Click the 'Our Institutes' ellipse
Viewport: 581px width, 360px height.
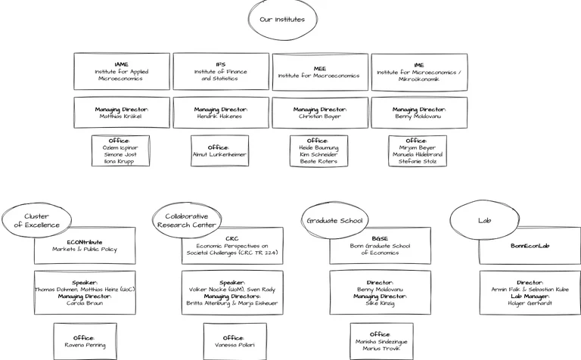click(x=282, y=20)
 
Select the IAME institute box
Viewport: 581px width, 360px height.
click(x=121, y=72)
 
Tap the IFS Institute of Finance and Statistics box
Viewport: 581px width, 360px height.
click(x=220, y=72)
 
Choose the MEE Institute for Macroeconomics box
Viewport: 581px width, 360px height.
click(x=319, y=72)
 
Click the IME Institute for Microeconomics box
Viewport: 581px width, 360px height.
click(x=418, y=72)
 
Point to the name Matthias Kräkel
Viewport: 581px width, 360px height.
click(x=121, y=117)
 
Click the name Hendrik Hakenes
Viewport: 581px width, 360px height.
click(x=220, y=117)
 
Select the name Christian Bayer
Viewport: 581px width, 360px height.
click(x=319, y=117)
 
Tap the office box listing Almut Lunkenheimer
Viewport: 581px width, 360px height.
click(x=219, y=151)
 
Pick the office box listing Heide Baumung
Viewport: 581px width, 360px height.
click(x=318, y=151)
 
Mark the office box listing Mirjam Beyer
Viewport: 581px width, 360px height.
click(x=418, y=151)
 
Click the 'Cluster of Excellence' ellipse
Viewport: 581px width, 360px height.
click(x=36, y=220)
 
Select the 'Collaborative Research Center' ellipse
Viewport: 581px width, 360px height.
click(x=186, y=220)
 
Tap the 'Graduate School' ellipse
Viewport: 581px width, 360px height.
click(x=334, y=221)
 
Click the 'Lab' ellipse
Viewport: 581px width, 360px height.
click(x=484, y=221)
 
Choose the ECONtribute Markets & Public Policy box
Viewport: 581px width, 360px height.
click(x=85, y=245)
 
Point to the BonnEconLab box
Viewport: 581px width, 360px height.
click(x=530, y=245)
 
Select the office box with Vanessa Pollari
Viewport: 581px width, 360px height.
click(x=234, y=341)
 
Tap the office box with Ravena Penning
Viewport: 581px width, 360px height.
click(x=85, y=341)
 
